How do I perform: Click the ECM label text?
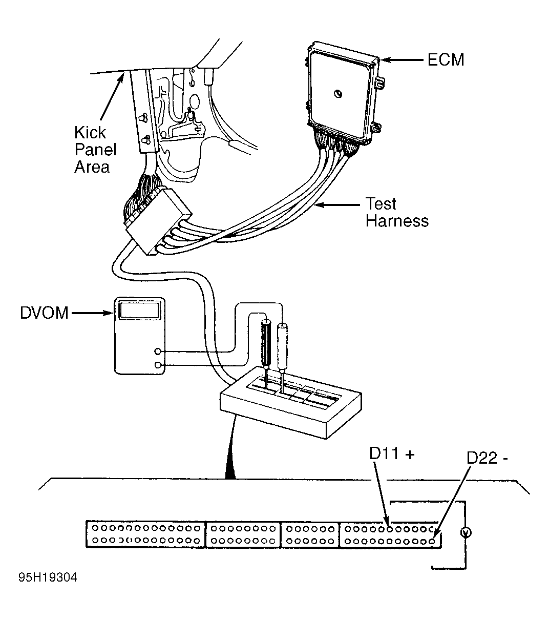pos(446,59)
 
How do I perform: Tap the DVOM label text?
pos(44,313)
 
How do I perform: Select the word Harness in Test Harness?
pos(397,221)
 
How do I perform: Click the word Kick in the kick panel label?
pos(90,133)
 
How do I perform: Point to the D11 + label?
pos(392,453)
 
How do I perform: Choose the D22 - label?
pos(487,458)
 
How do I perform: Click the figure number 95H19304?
pos(48,577)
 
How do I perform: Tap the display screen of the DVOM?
pos(140,310)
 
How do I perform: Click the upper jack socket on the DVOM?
pos(158,352)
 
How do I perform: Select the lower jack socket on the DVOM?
pos(158,365)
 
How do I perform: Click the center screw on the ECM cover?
pos(338,94)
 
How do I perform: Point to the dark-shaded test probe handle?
pos(266,344)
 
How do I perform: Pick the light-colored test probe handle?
pos(282,347)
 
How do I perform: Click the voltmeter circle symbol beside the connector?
pos(466,533)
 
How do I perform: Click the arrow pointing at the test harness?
pos(337,205)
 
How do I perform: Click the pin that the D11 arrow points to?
pos(389,529)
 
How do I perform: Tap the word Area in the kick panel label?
pos(92,167)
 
